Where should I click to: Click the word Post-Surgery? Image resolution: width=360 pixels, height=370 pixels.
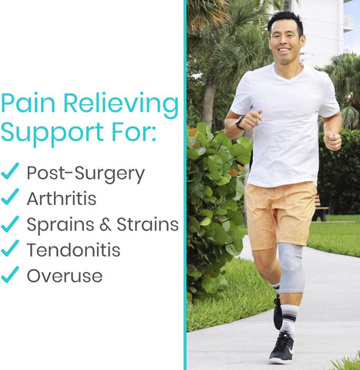click(86, 173)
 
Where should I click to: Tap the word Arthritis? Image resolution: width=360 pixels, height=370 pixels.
click(62, 199)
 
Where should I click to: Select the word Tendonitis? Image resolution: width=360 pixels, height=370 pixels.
click(73, 250)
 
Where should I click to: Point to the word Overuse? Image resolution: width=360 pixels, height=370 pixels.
click(64, 275)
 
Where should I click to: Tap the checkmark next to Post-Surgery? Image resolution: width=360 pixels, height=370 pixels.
click(10, 172)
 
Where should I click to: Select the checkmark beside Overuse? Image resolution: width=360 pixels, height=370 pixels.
click(10, 274)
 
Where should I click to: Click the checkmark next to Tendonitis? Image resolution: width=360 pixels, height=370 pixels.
click(10, 248)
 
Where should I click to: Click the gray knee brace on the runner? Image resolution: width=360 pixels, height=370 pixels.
click(291, 267)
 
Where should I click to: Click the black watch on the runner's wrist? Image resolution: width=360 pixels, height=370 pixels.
click(240, 123)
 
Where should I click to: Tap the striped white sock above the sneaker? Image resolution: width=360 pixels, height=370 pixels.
click(288, 318)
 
